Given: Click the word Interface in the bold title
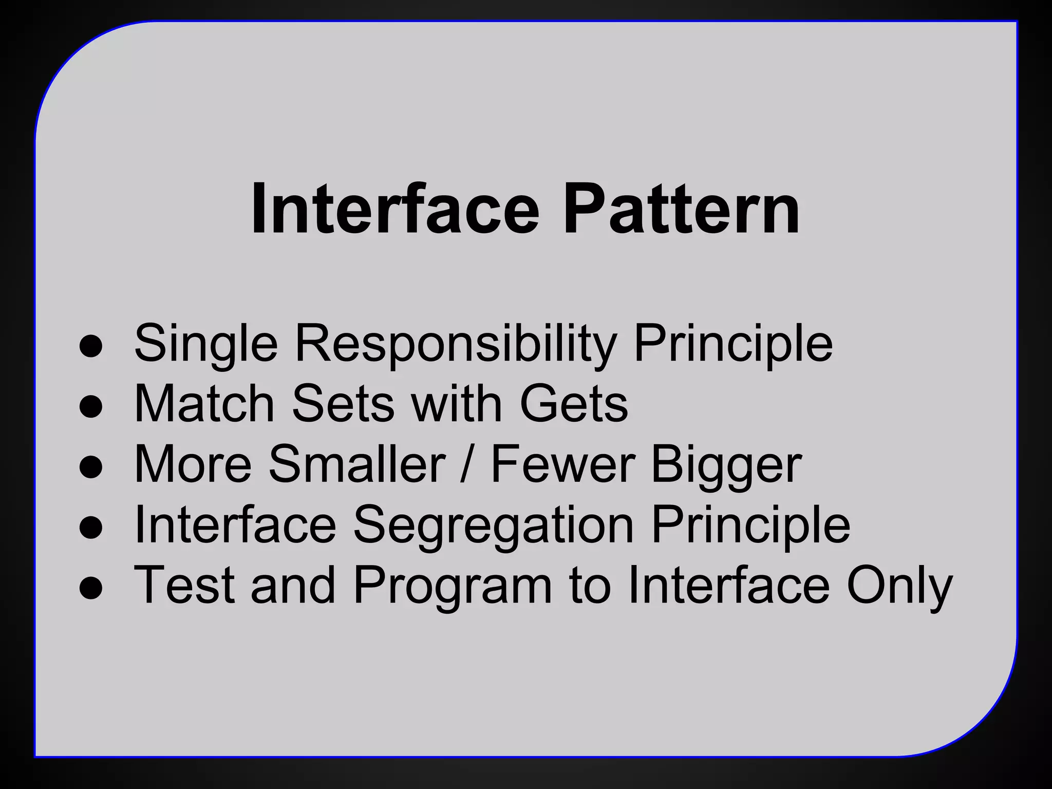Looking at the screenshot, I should [394, 210].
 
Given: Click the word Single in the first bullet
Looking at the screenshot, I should [205, 344].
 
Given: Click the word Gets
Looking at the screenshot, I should [574, 404].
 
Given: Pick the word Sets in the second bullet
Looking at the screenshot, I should [344, 404].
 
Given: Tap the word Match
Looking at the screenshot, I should [204, 404].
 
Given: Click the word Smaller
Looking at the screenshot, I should [356, 465].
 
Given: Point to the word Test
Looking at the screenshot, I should [184, 586].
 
